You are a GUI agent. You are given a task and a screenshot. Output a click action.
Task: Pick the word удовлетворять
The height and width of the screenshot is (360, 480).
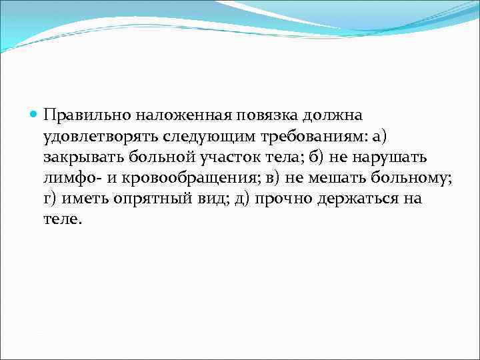pyautogui.click(x=92, y=137)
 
